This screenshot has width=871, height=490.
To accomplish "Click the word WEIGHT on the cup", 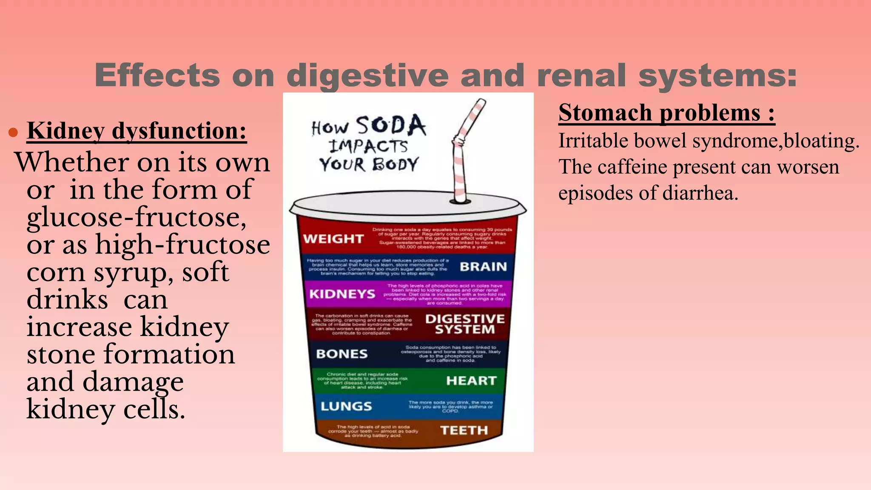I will pyautogui.click(x=333, y=239).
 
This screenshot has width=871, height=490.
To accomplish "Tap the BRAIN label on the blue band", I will pyautogui.click(x=483, y=267).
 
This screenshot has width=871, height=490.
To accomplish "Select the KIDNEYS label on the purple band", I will pyautogui.click(x=342, y=294).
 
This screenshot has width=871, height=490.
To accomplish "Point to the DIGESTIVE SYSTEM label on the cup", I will pyautogui.click(x=465, y=324).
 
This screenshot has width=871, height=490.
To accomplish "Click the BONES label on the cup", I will pyautogui.click(x=342, y=354).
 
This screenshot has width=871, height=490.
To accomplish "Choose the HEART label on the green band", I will pyautogui.click(x=471, y=381).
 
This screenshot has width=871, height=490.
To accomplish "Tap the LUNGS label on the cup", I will pyautogui.click(x=346, y=406).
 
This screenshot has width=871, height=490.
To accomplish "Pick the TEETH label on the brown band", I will pyautogui.click(x=464, y=430).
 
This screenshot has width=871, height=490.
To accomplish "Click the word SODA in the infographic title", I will pyautogui.click(x=390, y=126).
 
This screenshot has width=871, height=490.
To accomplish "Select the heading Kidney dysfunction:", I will pyautogui.click(x=137, y=131).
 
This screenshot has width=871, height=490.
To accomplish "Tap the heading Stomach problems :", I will pyautogui.click(x=666, y=113).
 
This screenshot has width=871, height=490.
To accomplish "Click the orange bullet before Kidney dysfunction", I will pyautogui.click(x=13, y=133).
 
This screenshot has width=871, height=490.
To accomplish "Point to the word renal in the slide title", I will pyautogui.click(x=582, y=75).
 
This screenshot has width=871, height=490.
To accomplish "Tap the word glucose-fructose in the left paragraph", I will pyautogui.click(x=136, y=218).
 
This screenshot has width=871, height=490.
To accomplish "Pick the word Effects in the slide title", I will pyautogui.click(x=157, y=75).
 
